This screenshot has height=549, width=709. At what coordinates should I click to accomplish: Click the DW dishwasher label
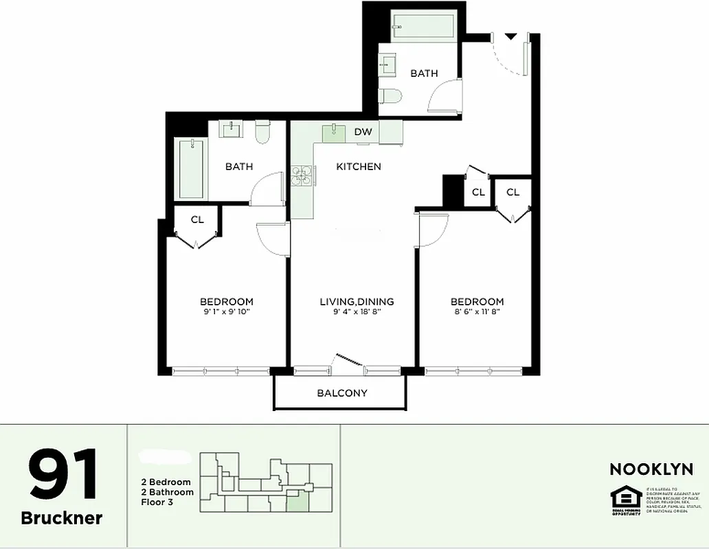(x=363, y=132)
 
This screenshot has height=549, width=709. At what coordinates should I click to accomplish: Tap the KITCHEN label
(x=358, y=167)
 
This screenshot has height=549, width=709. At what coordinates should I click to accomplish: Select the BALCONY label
(x=342, y=393)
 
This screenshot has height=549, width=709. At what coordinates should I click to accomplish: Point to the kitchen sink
(x=334, y=132)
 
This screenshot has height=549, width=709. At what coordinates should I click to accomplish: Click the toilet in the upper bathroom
(x=389, y=97)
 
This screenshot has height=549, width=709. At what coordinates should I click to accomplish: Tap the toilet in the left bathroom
(x=262, y=132)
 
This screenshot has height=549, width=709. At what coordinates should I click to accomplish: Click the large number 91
(x=63, y=474)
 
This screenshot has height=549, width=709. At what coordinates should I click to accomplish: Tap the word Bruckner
(x=62, y=518)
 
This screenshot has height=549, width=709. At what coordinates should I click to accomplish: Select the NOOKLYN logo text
(x=651, y=469)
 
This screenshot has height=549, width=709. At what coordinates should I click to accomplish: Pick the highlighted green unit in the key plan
(x=297, y=502)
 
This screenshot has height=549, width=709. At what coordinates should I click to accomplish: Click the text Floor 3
(x=157, y=502)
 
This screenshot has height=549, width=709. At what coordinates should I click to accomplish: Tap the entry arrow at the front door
(x=510, y=36)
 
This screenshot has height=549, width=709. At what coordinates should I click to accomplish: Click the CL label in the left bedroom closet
(x=197, y=220)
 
